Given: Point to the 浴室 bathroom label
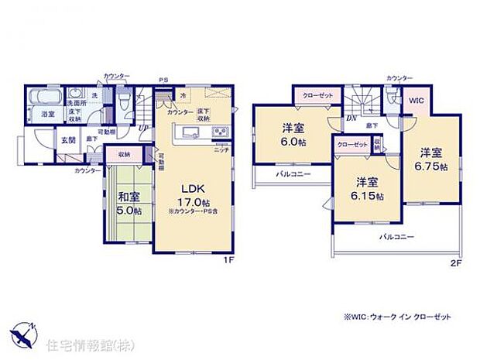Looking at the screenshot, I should (47, 115).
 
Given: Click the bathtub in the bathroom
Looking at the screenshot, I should (45, 100).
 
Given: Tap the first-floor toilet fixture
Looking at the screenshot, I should (125, 101).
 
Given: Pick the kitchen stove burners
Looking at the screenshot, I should (219, 132).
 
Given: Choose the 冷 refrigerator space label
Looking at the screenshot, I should (183, 96).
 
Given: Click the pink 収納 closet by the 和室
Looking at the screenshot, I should (124, 154).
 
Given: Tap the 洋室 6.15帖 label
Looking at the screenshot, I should (368, 188).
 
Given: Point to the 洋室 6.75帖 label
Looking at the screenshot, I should (431, 158).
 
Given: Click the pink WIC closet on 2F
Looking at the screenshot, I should (417, 100).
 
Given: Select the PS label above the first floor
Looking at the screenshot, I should (163, 79).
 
